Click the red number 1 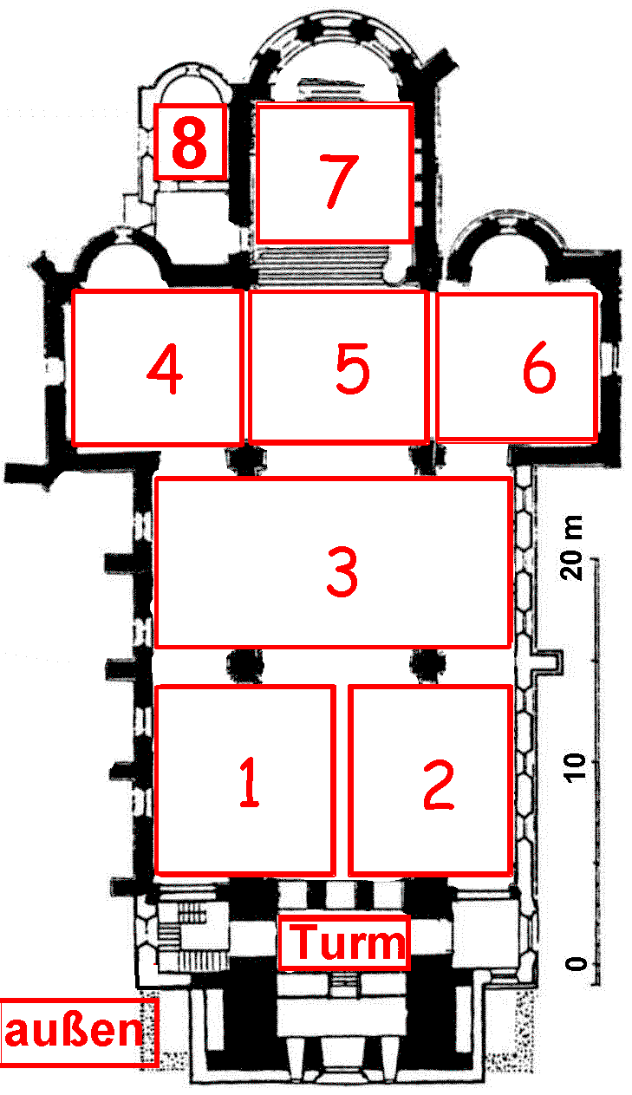coord(250,781)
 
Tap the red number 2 coord(439,785)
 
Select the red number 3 coord(342,571)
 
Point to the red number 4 coord(165,368)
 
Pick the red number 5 coord(353,368)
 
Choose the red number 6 coord(539,367)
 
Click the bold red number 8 coord(189,142)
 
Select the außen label coord(74,1031)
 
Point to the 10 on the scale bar coord(575,768)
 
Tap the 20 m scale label coord(572,548)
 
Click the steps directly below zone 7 coord(323,264)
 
